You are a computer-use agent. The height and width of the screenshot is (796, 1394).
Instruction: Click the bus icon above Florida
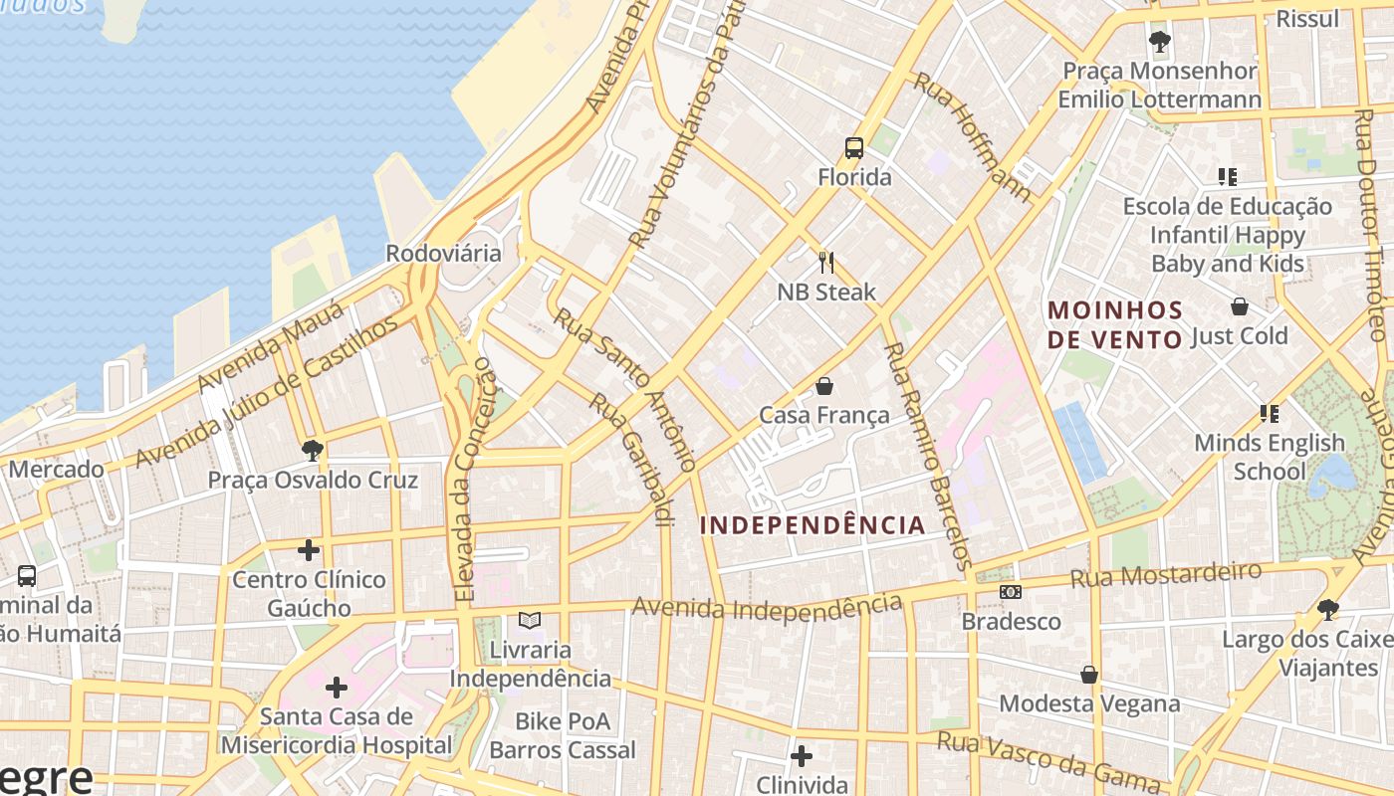(x=853, y=149)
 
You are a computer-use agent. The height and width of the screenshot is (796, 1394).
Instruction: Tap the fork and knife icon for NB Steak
(x=825, y=263)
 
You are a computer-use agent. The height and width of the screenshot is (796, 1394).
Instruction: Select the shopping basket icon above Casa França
(x=824, y=386)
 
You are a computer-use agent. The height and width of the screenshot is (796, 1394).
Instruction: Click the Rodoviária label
(x=443, y=253)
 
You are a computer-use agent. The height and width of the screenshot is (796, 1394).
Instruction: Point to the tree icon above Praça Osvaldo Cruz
(x=312, y=451)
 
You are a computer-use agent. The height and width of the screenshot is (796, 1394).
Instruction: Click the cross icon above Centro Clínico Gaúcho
(x=309, y=549)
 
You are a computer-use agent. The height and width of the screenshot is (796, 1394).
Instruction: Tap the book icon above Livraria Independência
(x=530, y=621)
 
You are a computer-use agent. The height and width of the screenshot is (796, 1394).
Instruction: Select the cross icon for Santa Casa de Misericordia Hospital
(x=337, y=687)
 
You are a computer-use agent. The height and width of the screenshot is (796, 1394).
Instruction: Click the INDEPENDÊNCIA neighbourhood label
(x=813, y=525)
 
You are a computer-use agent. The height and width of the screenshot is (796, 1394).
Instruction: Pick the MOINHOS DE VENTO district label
(x=1115, y=324)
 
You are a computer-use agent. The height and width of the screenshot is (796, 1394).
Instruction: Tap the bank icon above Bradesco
(x=1011, y=592)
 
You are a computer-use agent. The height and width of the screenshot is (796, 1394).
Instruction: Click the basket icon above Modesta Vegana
(x=1089, y=675)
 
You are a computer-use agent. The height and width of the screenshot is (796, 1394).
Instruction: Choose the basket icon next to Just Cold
(x=1240, y=306)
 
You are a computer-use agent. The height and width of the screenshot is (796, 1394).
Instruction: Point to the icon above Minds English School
(x=1269, y=413)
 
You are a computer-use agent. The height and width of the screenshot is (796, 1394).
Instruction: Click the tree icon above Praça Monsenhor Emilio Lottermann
(x=1159, y=42)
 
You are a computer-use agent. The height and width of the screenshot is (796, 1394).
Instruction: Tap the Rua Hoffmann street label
(x=972, y=136)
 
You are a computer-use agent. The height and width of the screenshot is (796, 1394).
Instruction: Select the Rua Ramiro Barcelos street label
(x=926, y=457)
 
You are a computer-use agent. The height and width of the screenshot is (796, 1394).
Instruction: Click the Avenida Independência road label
(x=767, y=606)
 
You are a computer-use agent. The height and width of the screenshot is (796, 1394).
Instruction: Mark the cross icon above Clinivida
(x=801, y=756)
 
